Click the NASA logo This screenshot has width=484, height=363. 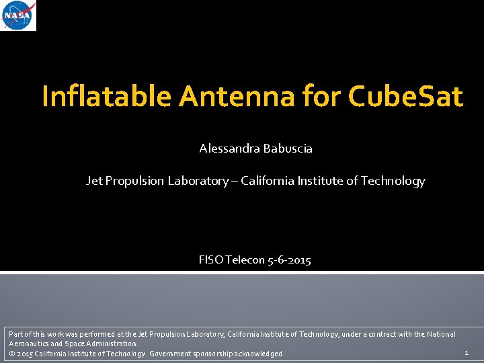(x=19, y=16)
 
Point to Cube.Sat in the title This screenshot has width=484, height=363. (x=406, y=97)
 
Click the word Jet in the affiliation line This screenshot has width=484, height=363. (x=94, y=181)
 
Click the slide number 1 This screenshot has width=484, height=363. (x=467, y=352)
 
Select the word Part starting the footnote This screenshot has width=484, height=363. (x=15, y=334)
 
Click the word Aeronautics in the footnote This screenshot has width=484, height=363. (x=28, y=344)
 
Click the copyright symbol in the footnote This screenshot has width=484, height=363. (x=11, y=354)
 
